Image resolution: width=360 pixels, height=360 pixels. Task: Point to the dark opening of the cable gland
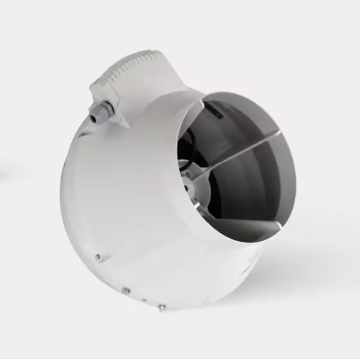pos(94,118)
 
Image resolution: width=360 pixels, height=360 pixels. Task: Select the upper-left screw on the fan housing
pos(98,257)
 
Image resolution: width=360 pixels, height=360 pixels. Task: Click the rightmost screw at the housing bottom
pos(161,307)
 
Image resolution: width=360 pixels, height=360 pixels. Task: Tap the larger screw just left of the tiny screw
pos(126,290)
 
